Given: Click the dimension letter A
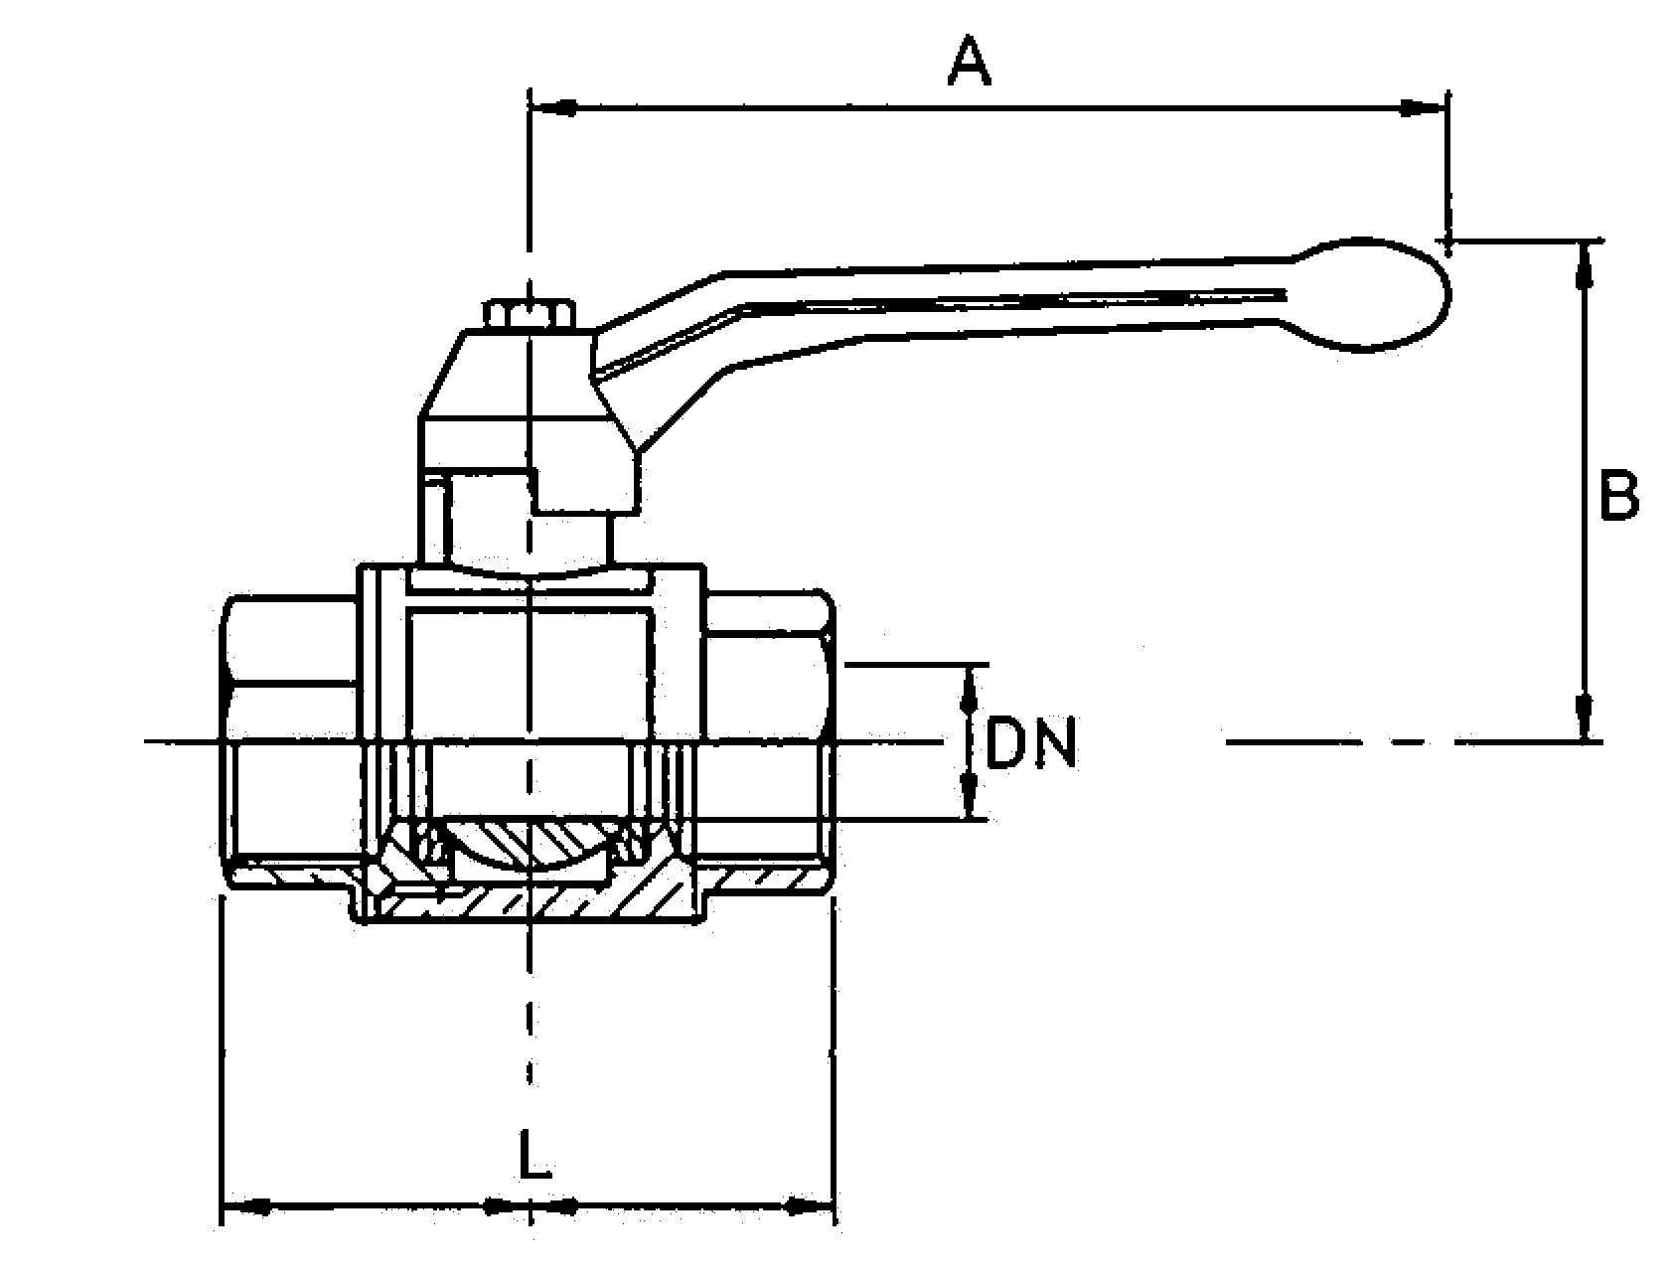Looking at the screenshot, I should tap(970, 62).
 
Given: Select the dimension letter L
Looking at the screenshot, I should tap(534, 1153).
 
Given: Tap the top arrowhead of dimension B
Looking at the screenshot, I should tap(1585, 264).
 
